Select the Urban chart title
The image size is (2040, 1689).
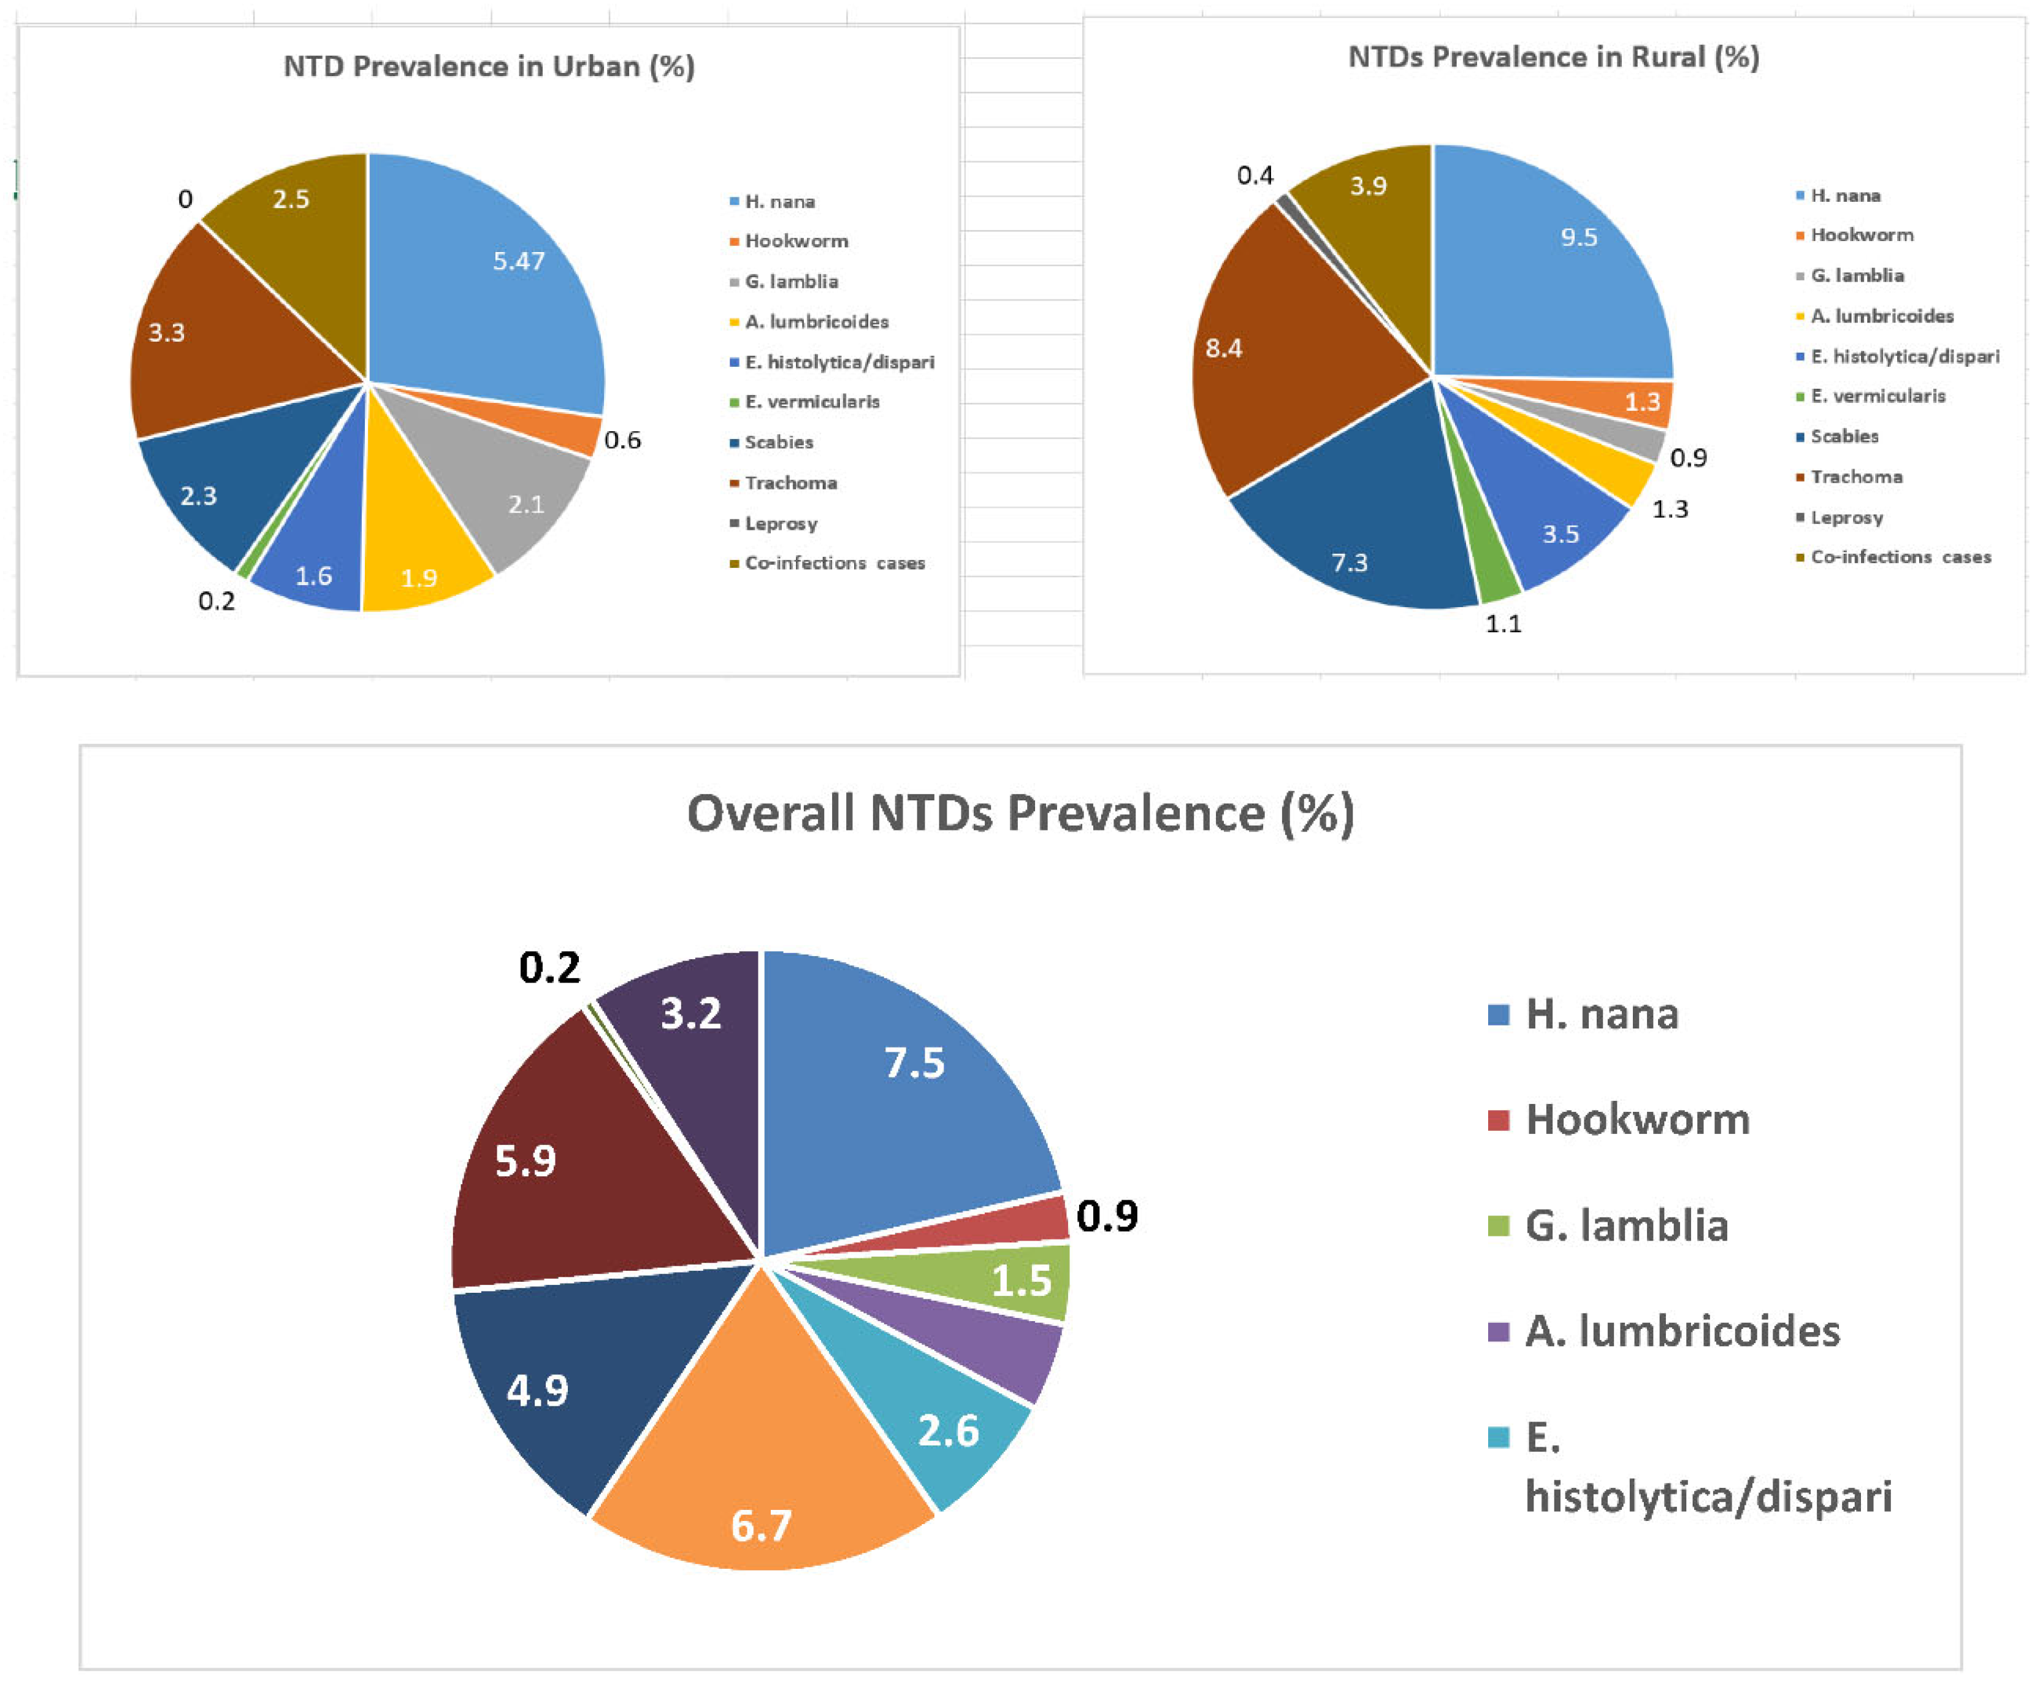(x=489, y=66)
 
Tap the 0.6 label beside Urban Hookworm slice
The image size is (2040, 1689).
(x=622, y=440)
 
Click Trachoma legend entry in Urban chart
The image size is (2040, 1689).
(x=790, y=483)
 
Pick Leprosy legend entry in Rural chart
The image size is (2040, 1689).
(x=1846, y=517)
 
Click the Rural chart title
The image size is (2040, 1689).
(x=1553, y=56)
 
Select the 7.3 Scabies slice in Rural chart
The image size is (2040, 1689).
(x=1360, y=544)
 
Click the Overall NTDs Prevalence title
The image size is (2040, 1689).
(x=1020, y=813)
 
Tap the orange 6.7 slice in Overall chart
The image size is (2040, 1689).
(x=763, y=1487)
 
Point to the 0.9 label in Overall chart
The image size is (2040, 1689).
(x=1107, y=1216)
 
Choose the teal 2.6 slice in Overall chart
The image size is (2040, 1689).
(x=942, y=1419)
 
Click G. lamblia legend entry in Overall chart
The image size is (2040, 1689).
(x=1626, y=1225)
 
